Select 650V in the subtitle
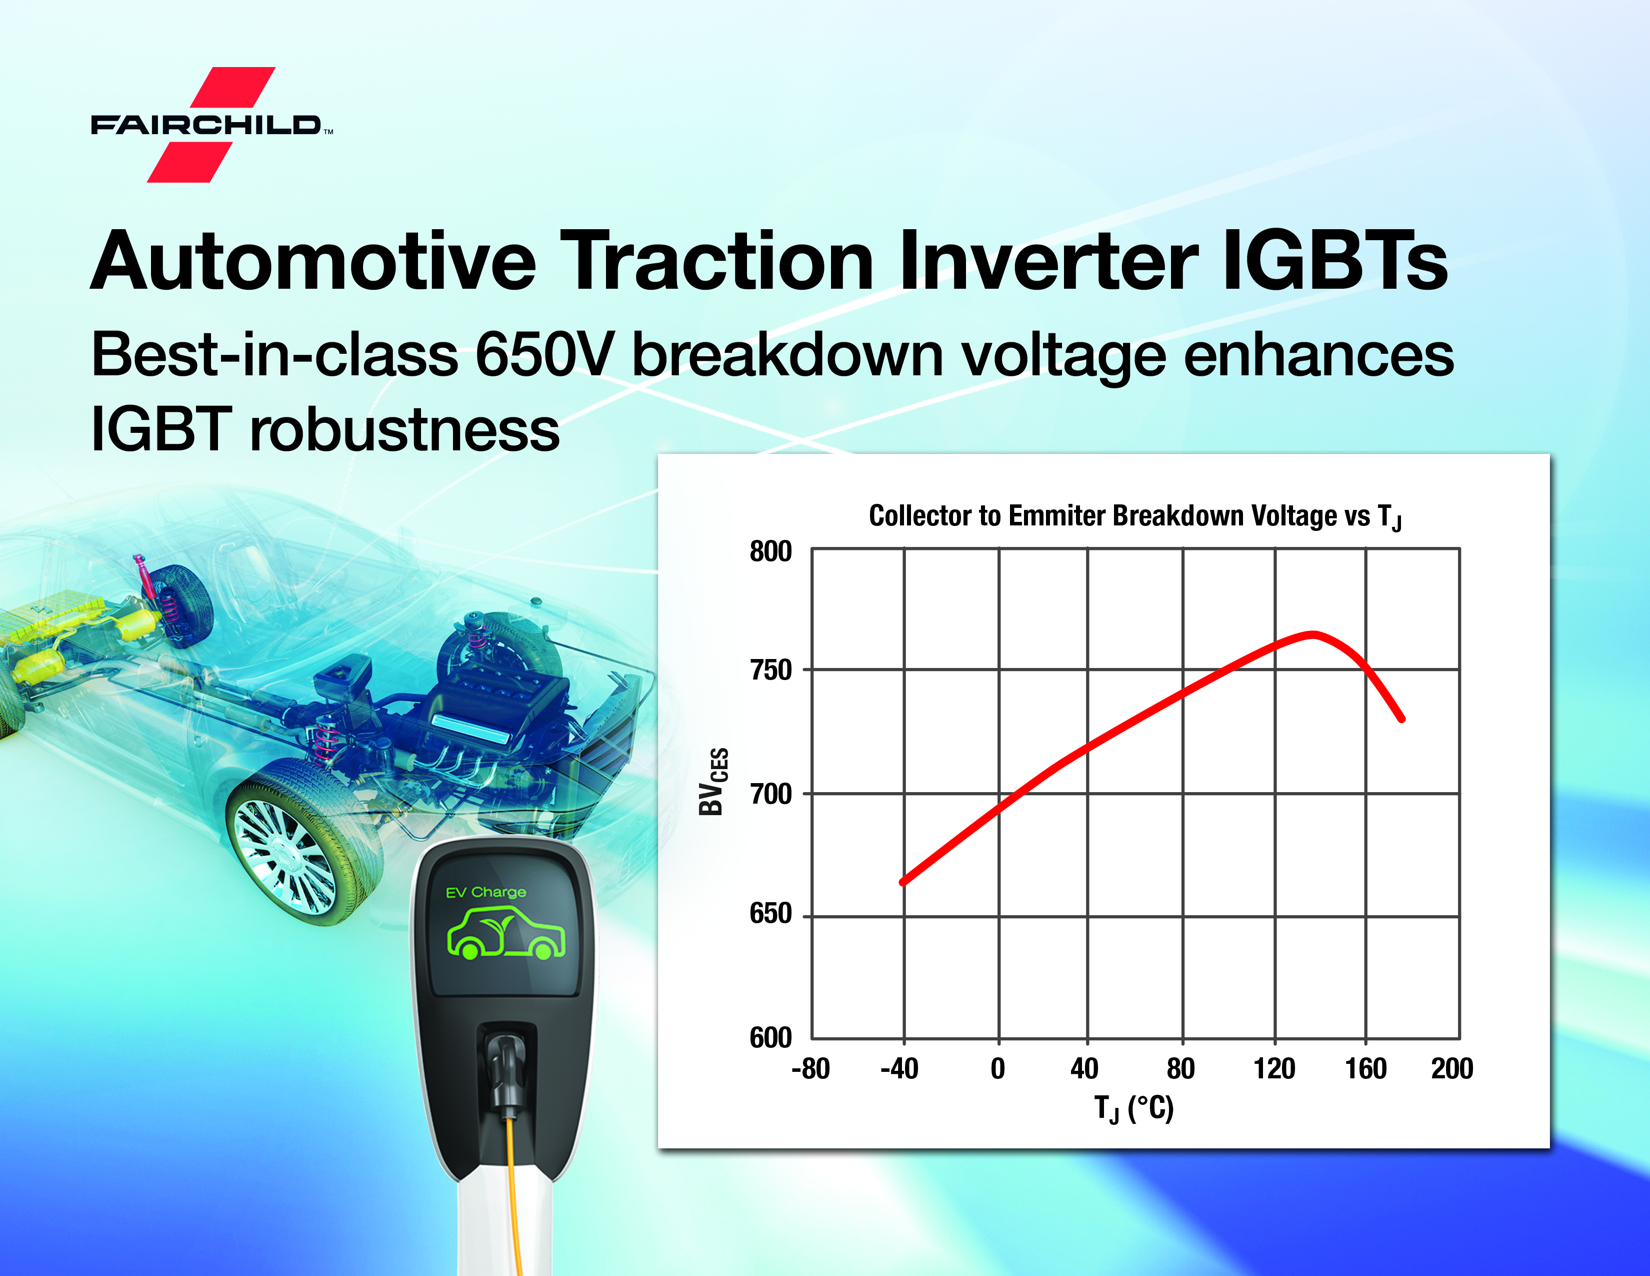[542, 355]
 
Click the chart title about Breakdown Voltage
[1135, 516]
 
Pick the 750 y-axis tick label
[770, 670]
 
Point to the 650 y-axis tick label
[770, 913]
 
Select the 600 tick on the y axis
[770, 1037]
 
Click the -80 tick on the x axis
[810, 1068]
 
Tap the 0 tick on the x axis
[998, 1068]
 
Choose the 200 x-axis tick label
[1452, 1068]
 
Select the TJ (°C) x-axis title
[1134, 1109]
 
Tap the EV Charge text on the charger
[486, 892]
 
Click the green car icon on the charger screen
[506, 934]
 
